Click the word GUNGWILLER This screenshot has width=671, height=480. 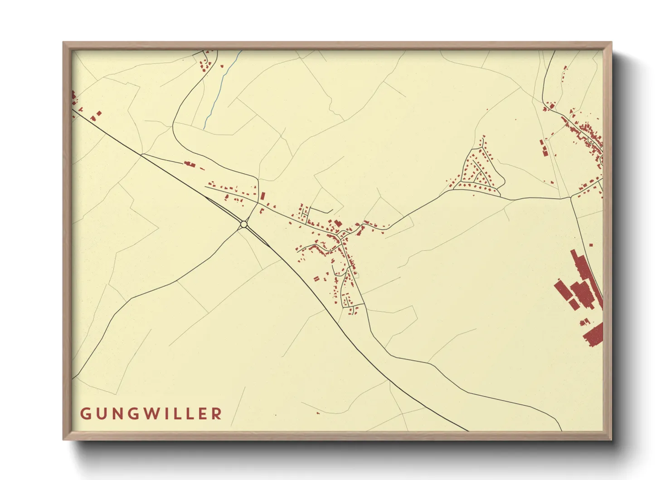click(151, 414)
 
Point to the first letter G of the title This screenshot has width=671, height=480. click(85, 414)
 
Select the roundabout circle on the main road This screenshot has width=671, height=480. click(244, 224)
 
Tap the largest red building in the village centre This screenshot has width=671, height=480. click(338, 223)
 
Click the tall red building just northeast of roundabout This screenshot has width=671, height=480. click(263, 196)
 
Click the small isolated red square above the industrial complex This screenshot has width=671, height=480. click(591, 245)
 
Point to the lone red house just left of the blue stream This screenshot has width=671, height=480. click(222, 66)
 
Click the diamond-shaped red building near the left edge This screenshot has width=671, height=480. click(99, 113)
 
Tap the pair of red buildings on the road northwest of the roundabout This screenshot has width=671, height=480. click(189, 163)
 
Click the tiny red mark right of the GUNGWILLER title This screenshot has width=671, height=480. click(275, 415)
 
